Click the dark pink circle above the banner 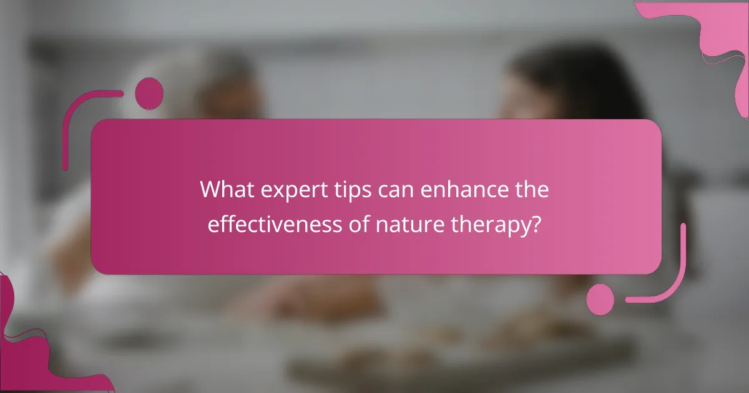149,94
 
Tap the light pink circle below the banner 600,299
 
